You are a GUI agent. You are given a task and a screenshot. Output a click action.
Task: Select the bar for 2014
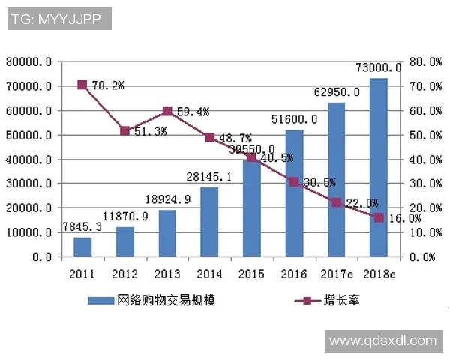coord(209,222)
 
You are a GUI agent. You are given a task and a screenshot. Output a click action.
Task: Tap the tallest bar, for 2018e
coord(379,167)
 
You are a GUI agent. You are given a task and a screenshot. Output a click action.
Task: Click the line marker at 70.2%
coord(82,85)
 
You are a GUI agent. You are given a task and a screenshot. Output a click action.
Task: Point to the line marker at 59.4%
coord(167,111)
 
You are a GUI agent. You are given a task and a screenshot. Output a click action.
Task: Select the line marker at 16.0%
coord(379,217)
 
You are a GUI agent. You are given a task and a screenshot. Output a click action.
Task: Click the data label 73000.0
coord(379,67)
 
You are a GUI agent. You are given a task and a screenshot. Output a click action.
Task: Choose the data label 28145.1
coord(209,177)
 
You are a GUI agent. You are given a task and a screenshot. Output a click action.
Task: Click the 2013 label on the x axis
coord(167,274)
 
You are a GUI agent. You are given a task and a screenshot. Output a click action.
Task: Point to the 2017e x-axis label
coord(336,274)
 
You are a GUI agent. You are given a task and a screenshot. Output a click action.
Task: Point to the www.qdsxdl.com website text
coord(382,340)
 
